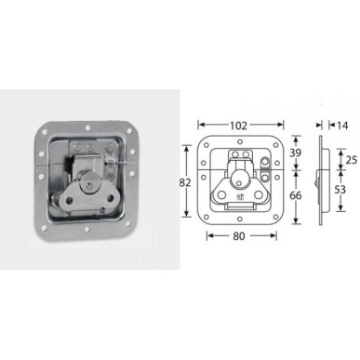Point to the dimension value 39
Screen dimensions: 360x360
[x=297, y=152]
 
